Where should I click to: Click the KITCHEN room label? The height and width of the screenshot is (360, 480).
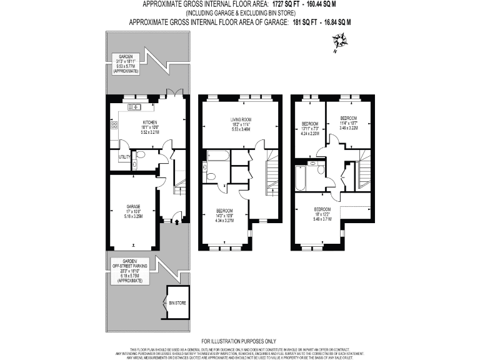pos(149,122)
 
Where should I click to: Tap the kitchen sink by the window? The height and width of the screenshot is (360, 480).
pos(136,107)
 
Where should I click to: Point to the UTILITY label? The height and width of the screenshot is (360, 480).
pos(124,157)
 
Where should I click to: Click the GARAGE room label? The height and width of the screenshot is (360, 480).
pos(133,207)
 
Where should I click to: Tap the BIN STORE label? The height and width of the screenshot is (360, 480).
pos(177,302)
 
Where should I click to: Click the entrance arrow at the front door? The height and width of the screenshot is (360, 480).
pos(176,221)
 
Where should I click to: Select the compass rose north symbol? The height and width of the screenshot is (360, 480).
pos(340,44)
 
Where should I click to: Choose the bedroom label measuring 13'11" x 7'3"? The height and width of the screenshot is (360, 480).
pos(310,124)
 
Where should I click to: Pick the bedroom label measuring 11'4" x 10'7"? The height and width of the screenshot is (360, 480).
pos(349,119)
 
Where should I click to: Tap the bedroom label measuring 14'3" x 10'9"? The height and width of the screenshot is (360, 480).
pos(224,210)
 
